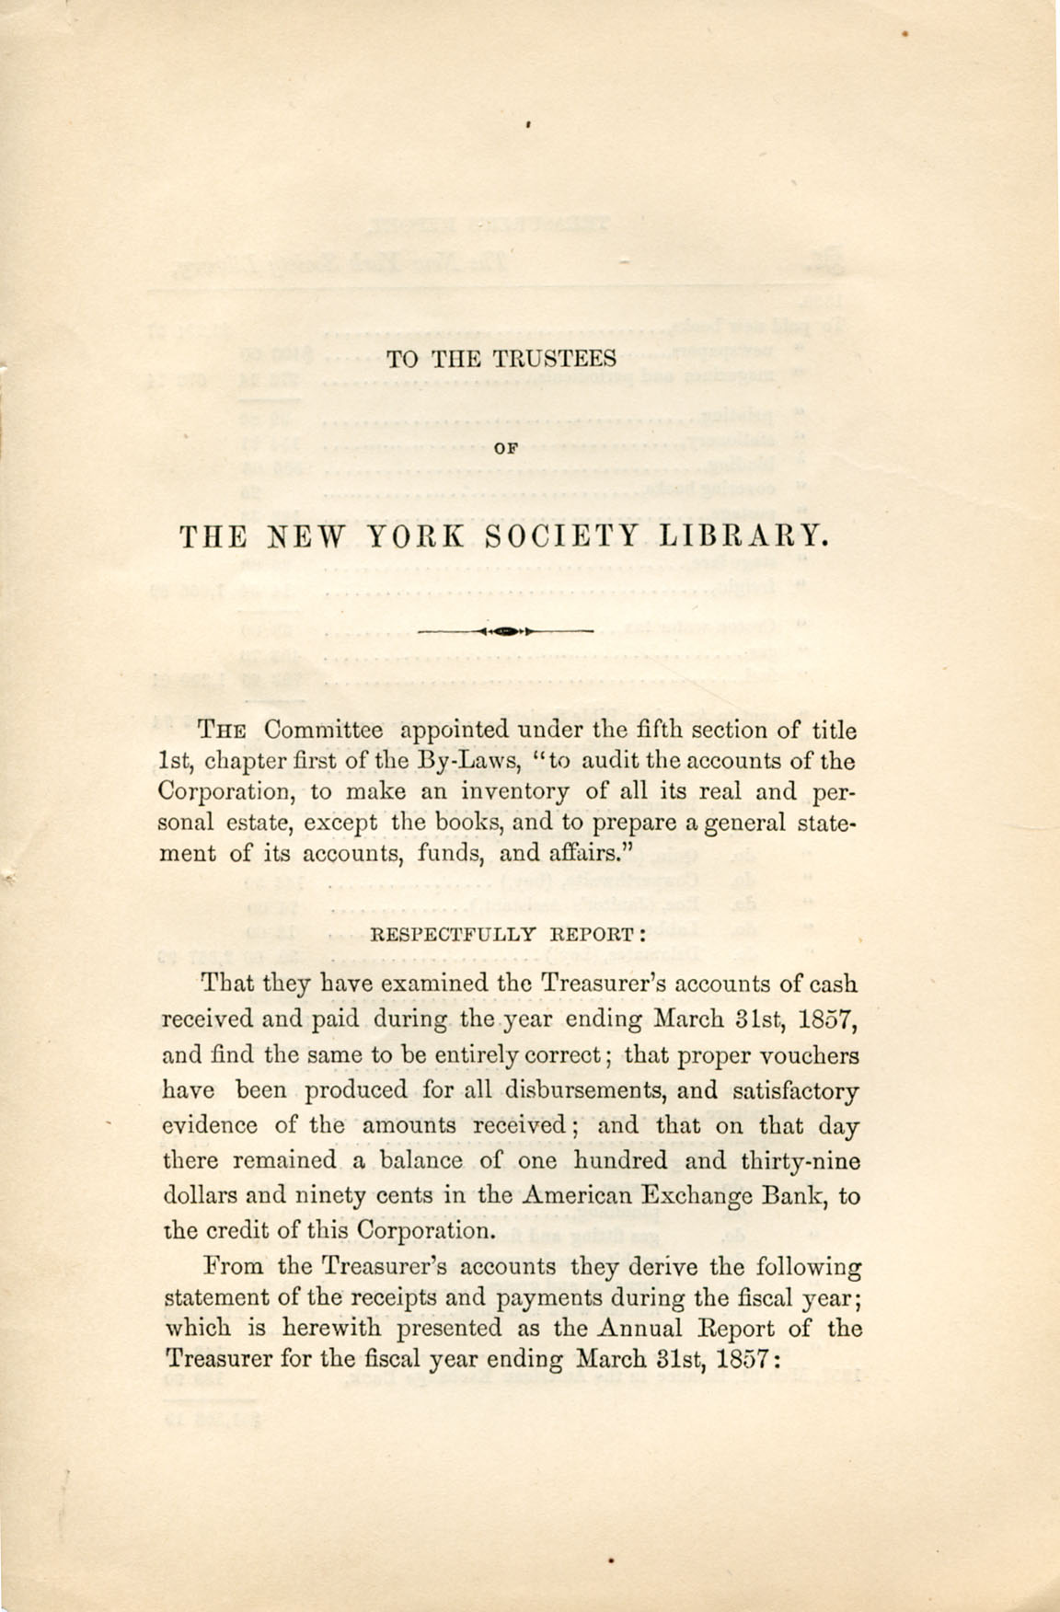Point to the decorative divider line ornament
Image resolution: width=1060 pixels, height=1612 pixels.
click(x=505, y=632)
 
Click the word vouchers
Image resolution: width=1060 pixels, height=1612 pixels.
click(x=806, y=1055)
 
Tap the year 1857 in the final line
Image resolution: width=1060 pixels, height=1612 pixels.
click(x=746, y=1359)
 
